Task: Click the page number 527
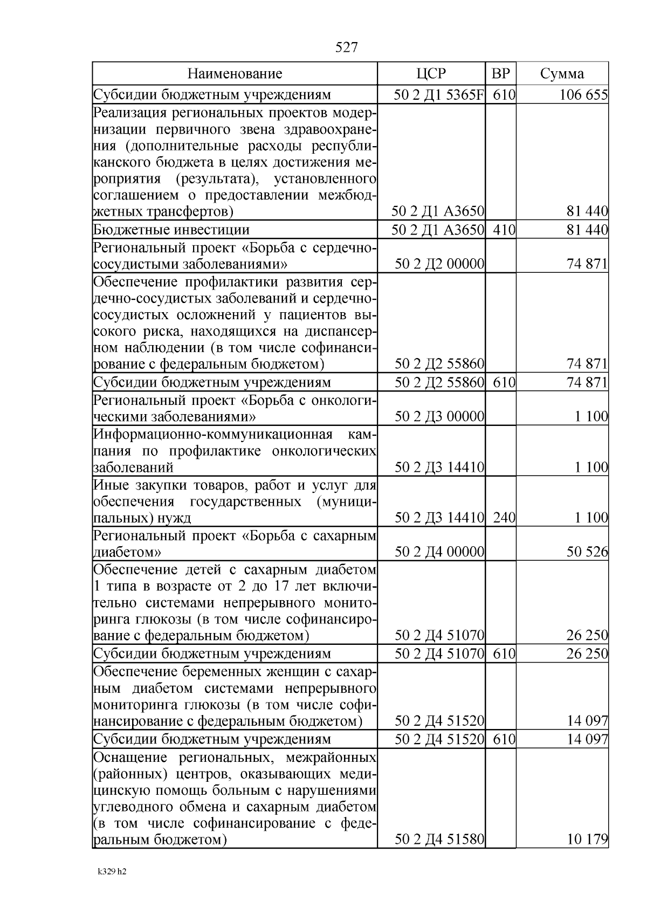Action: pyautogui.click(x=346, y=47)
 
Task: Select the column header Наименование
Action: pyautogui.click(x=235, y=74)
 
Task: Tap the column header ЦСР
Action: pyautogui.click(x=431, y=74)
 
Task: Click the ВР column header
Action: pyautogui.click(x=501, y=74)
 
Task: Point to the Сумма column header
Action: pyautogui.click(x=562, y=74)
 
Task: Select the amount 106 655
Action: pyautogui.click(x=583, y=95)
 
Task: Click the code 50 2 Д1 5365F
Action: pyautogui.click(x=438, y=95)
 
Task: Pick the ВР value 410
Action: pyautogui.click(x=504, y=231)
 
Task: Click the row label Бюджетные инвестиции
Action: pyautogui.click(x=171, y=231)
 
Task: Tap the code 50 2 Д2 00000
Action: pyautogui.click(x=439, y=264)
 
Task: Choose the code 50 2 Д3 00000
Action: pyautogui.click(x=439, y=417)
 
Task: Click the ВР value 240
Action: pyautogui.click(x=504, y=518)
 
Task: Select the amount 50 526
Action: pyautogui.click(x=587, y=552)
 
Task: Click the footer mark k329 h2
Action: pyautogui.click(x=112, y=871)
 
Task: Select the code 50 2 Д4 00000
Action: pyautogui.click(x=439, y=552)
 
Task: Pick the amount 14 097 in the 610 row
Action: pyautogui.click(x=587, y=739)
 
